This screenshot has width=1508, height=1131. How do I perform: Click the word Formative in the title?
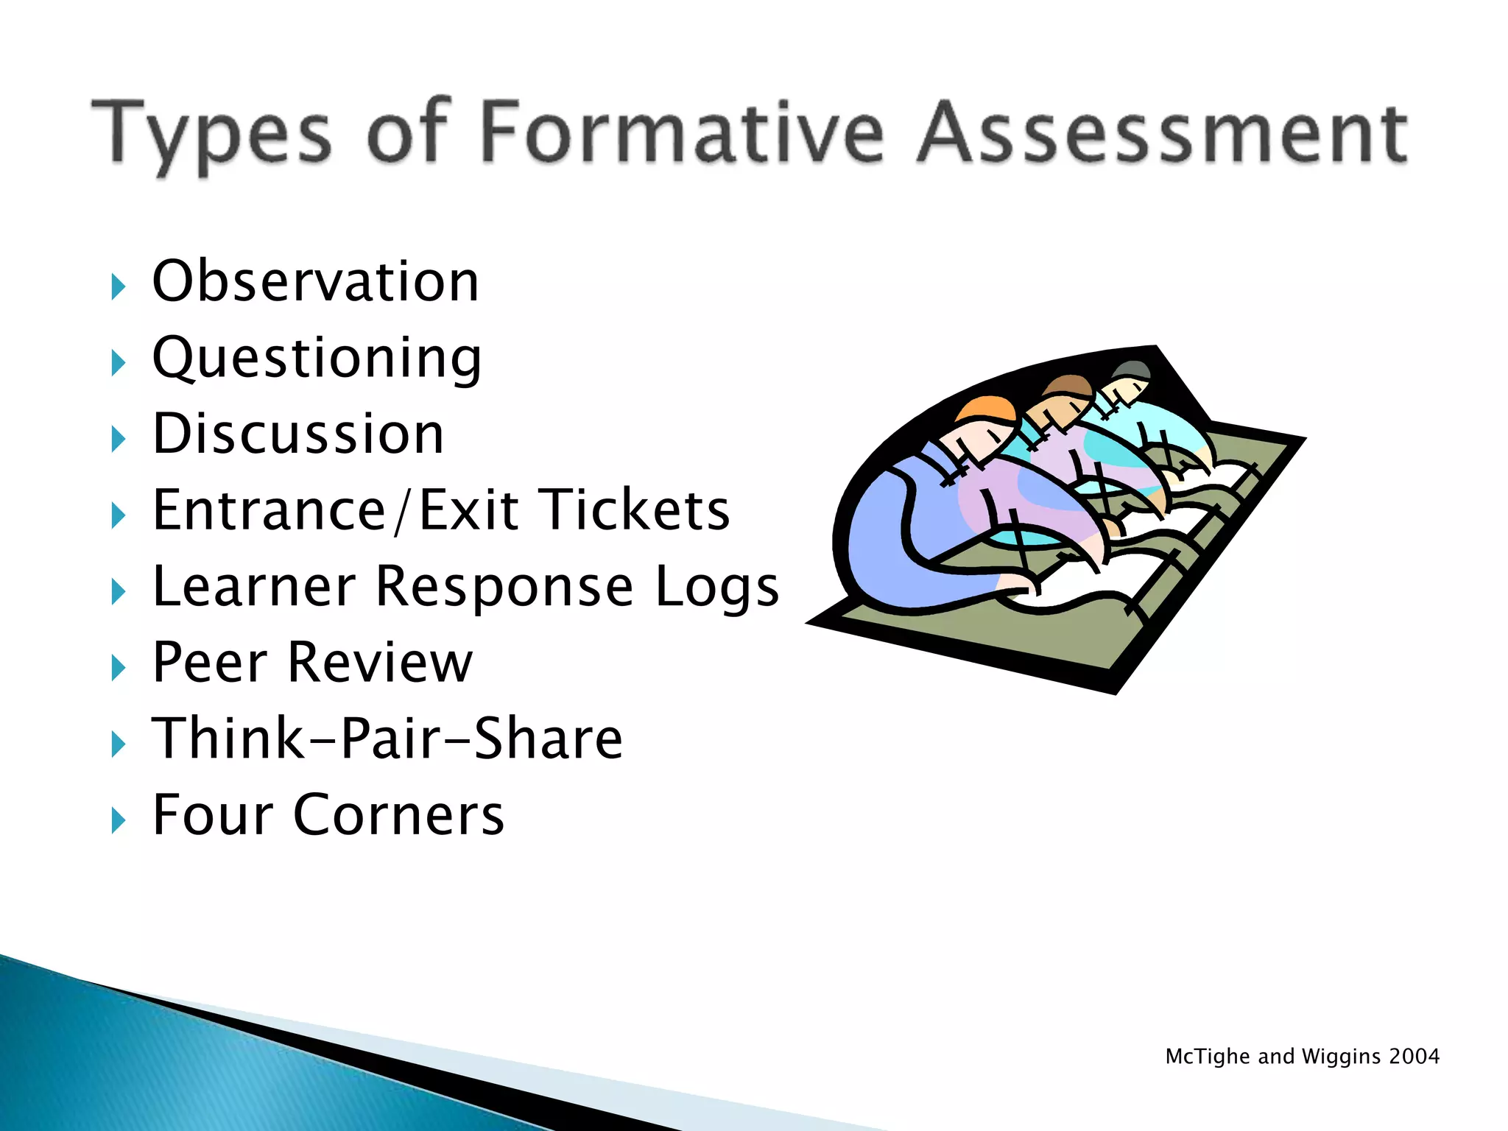[682, 133]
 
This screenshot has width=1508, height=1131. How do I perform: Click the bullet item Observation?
[315, 281]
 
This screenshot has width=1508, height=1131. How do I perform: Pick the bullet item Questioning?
[317, 359]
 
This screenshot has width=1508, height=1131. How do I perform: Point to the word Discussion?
[298, 434]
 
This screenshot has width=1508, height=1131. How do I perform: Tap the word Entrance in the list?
[269, 510]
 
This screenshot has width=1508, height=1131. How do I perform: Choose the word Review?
[380, 663]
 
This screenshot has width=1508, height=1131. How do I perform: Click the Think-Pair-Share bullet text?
[387, 739]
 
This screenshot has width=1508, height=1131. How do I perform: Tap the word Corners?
[398, 815]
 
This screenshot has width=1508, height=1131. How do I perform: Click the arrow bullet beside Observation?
[118, 286]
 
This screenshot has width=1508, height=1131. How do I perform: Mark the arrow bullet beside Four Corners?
[118, 820]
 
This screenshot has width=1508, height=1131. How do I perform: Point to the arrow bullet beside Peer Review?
[118, 668]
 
